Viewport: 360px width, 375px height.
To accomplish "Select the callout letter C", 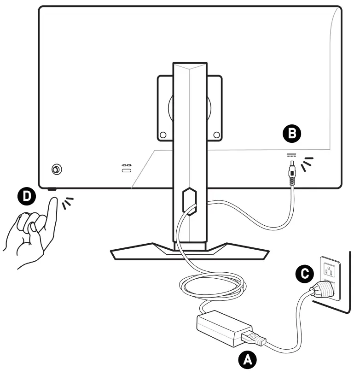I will point(304,275).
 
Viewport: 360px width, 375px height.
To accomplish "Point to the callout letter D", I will point(28,196).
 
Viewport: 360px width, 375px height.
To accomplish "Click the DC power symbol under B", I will point(290,155).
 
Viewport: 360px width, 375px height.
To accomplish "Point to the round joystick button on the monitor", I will point(56,170).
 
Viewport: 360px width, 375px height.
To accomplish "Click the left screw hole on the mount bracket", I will point(163,135).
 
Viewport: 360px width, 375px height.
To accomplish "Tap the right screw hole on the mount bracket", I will point(216,135).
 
